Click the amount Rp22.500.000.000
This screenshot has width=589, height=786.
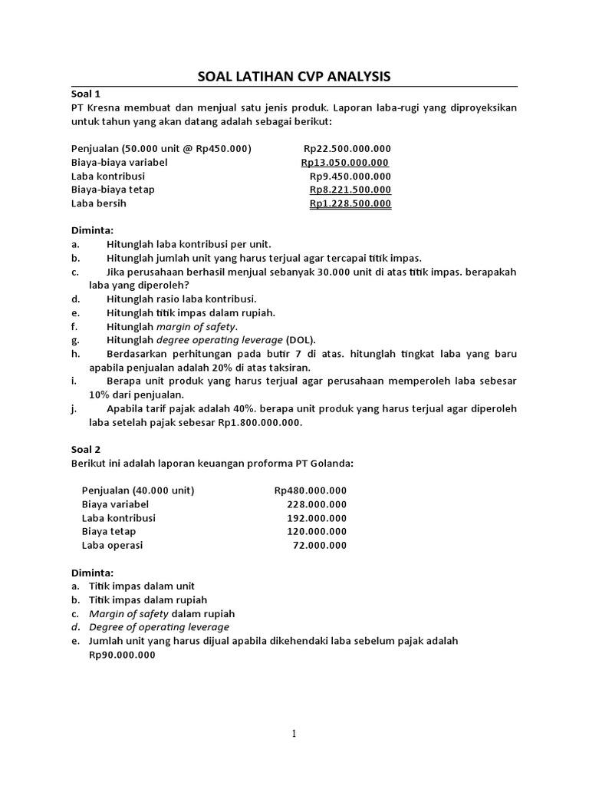point(347,148)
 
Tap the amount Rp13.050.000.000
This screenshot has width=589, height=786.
point(345,162)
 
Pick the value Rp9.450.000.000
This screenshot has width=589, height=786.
point(350,176)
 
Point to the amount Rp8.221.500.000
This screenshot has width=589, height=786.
point(350,190)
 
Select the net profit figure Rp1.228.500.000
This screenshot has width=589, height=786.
point(350,203)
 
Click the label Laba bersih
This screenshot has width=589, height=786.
point(98,203)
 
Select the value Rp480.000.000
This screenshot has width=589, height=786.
point(310,490)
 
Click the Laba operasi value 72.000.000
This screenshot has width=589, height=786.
point(320,545)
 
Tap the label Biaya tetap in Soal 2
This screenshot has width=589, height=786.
point(108,531)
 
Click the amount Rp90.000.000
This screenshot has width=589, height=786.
point(122,655)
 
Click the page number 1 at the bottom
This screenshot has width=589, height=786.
point(294,734)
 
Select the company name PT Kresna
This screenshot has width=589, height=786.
point(97,107)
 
